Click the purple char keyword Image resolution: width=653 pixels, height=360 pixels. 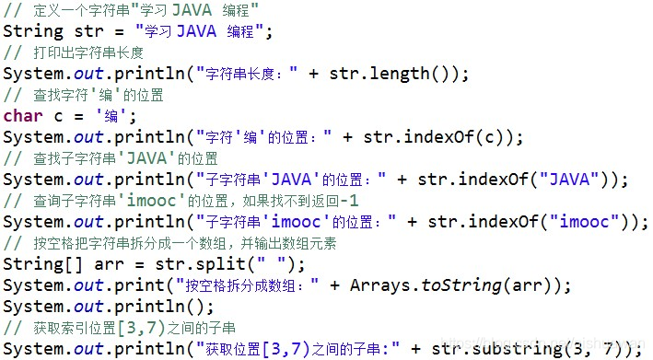click(22, 116)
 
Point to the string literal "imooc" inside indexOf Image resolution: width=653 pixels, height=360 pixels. click(589, 222)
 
